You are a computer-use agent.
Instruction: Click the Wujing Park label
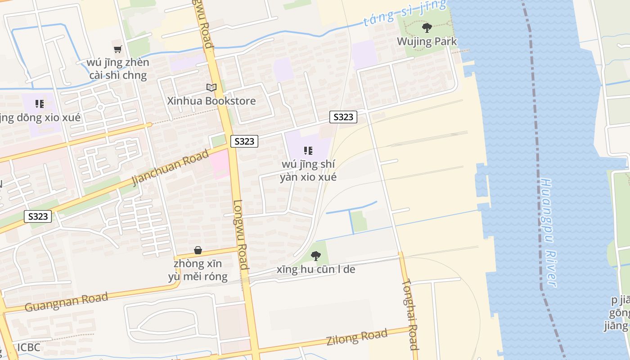pyautogui.click(x=427, y=42)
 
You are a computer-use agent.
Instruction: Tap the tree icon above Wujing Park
pyautogui.click(x=427, y=28)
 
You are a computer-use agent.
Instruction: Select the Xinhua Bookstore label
pyautogui.click(x=211, y=101)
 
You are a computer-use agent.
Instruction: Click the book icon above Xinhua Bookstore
pyautogui.click(x=211, y=87)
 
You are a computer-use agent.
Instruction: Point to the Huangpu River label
pyautogui.click(x=548, y=233)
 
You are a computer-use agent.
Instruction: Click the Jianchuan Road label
pyautogui.click(x=171, y=167)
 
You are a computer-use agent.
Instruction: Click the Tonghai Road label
pyautogui.click(x=411, y=315)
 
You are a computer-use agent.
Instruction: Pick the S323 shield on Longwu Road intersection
pyautogui.click(x=245, y=141)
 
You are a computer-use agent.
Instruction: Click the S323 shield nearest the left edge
pyautogui.click(x=38, y=216)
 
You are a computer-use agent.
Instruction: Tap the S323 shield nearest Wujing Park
pyautogui.click(x=343, y=117)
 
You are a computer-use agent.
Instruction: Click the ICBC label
pyautogui.click(x=29, y=347)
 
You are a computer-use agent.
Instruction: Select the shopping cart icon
pyautogui.click(x=117, y=49)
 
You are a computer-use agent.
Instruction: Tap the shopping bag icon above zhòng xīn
pyautogui.click(x=198, y=250)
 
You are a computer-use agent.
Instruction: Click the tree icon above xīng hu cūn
pyautogui.click(x=316, y=256)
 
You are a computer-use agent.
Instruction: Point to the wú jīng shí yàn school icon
pyautogui.click(x=308, y=151)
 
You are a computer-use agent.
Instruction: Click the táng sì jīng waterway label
pyautogui.click(x=405, y=13)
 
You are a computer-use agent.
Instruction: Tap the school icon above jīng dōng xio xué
pyautogui.click(x=40, y=104)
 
